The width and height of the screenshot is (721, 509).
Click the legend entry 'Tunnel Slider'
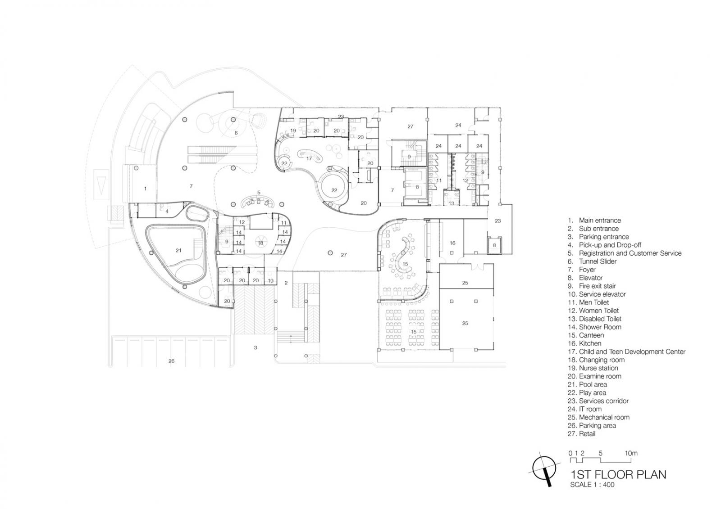[598, 261]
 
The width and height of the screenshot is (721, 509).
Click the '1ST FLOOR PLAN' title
[618, 474]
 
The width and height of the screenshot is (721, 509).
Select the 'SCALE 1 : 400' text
[592, 485]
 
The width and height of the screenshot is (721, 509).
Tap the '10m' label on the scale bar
[631, 453]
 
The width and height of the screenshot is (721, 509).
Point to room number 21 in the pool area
[178, 250]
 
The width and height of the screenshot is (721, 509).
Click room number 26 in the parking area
[171, 361]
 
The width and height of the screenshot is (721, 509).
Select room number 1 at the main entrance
[145, 189]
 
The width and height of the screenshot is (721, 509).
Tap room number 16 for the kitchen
[452, 243]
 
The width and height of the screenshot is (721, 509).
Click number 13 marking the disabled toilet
[451, 203]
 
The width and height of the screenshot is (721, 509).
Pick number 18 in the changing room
[260, 243]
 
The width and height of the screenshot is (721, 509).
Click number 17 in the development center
[309, 158]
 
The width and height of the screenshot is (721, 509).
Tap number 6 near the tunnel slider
[236, 133]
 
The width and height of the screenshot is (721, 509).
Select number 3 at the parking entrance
[256, 347]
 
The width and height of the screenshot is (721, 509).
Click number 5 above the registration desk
[259, 193]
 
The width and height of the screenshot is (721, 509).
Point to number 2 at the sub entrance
[286, 283]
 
